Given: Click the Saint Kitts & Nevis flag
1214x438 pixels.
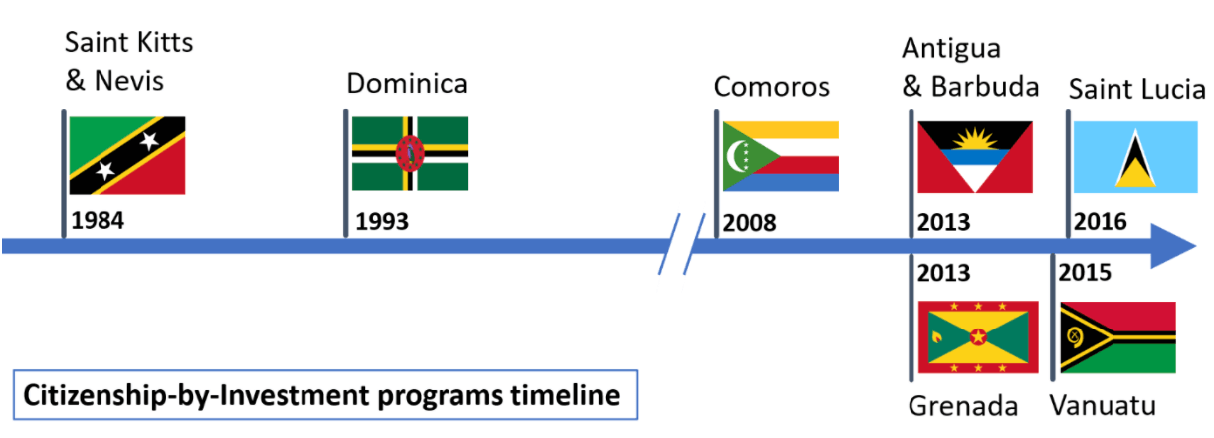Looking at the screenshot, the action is [x=127, y=155].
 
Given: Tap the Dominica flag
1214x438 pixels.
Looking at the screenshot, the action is [x=410, y=153].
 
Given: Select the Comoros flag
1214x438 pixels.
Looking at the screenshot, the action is [x=781, y=156].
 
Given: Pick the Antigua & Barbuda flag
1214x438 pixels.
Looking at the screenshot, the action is [x=975, y=157].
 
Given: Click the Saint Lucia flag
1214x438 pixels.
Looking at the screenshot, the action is [x=1135, y=157].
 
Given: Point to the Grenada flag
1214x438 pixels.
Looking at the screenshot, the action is [x=978, y=337].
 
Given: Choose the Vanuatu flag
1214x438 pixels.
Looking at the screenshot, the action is [x=1118, y=337].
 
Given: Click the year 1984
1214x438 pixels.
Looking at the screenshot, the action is [x=98, y=221].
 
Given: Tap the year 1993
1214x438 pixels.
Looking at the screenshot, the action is [x=382, y=222].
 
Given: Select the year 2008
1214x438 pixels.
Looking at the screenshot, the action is [x=749, y=223].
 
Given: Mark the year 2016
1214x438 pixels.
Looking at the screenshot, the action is [x=1101, y=222].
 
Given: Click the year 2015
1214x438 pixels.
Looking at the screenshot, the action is [x=1085, y=272].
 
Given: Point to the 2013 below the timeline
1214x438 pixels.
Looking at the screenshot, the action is [x=943, y=273].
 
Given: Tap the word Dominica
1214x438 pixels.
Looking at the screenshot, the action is [x=407, y=83].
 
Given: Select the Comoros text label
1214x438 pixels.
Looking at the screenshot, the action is [x=772, y=87].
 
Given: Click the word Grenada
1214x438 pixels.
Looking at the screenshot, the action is [x=963, y=406].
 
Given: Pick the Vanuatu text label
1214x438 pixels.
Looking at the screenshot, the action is [x=1103, y=405].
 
